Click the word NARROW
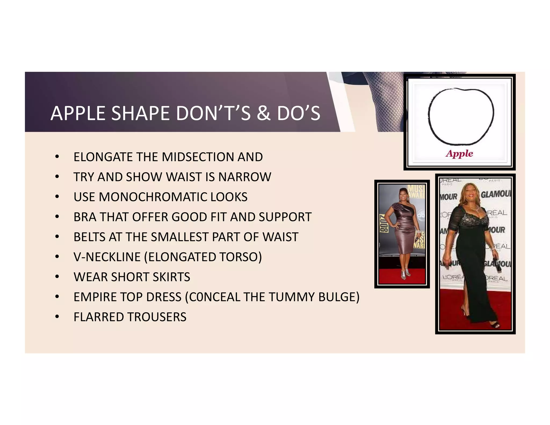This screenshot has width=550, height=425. coord(245,177)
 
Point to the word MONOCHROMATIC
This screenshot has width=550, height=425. coord(153,197)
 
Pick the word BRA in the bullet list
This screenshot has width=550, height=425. coord(85,217)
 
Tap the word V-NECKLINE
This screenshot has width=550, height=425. coord(107,257)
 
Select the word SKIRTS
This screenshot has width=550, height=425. coord(171,277)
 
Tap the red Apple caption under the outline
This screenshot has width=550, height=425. coord(459,154)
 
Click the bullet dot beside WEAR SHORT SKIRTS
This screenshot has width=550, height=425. coord(57,277)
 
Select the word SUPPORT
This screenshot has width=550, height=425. coord(285,217)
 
